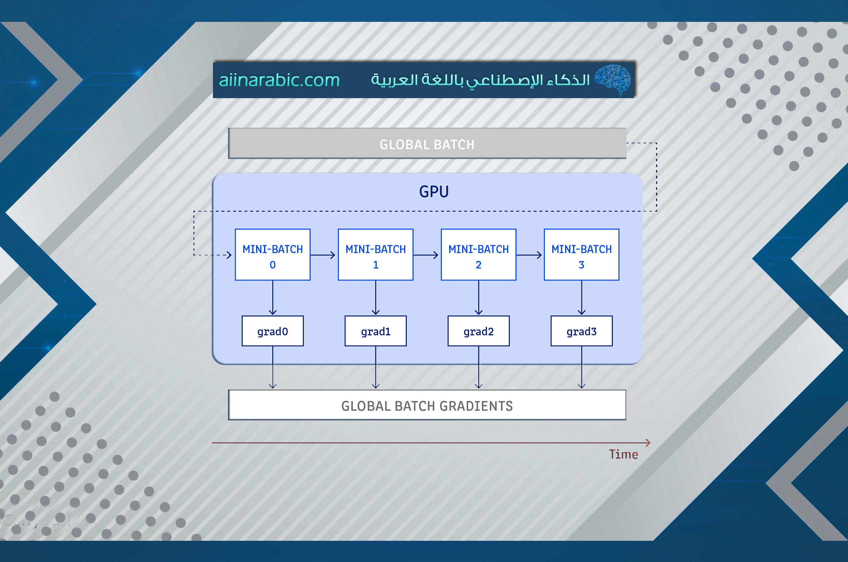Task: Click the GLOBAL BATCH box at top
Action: [x=427, y=144]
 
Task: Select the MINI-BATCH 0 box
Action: [x=273, y=255]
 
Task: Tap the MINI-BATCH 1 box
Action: [x=375, y=255]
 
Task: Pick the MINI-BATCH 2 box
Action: [x=478, y=255]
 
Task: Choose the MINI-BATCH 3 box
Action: [x=581, y=255]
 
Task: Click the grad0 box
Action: [x=273, y=331]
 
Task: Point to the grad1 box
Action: [x=375, y=331]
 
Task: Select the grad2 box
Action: [x=478, y=331]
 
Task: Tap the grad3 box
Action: [x=581, y=331]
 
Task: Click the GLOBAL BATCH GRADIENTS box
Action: [x=427, y=405]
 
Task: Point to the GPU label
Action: [x=434, y=192]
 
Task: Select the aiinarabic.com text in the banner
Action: [x=279, y=80]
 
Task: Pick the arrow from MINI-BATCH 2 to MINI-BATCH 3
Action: [x=529, y=255]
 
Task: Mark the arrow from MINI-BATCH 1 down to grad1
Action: [x=375, y=298]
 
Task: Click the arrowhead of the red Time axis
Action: [x=648, y=443]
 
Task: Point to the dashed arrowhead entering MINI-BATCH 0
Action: [x=229, y=255]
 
